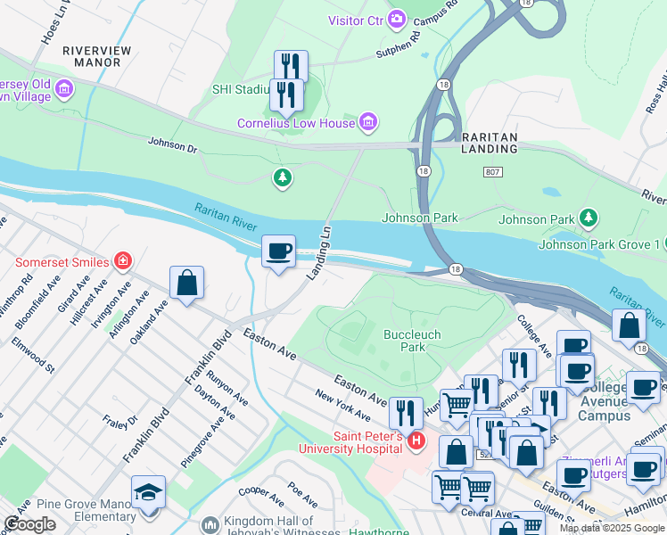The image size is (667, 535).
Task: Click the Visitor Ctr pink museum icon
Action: (x=395, y=19)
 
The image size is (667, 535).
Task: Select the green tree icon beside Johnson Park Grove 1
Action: (x=588, y=218)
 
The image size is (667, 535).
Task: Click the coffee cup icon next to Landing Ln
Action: (x=278, y=251)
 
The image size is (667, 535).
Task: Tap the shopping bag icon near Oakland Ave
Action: (x=186, y=284)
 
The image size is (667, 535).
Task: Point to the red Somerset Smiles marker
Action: (x=122, y=261)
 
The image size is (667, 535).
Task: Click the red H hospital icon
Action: (x=415, y=440)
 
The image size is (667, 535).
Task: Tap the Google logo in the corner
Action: (x=29, y=524)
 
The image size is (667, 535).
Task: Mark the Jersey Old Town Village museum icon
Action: (x=63, y=88)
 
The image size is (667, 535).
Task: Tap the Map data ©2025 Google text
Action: (x=612, y=528)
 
